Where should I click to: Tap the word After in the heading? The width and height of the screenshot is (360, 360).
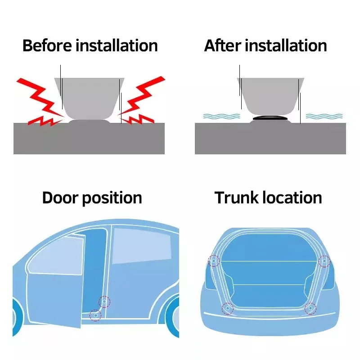(222, 46)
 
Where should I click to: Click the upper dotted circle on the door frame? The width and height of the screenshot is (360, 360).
(104, 302)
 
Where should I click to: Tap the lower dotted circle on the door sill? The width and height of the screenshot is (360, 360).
(95, 315)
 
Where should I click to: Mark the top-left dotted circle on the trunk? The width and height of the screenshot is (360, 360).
(213, 261)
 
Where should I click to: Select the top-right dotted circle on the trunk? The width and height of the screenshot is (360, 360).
(324, 261)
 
